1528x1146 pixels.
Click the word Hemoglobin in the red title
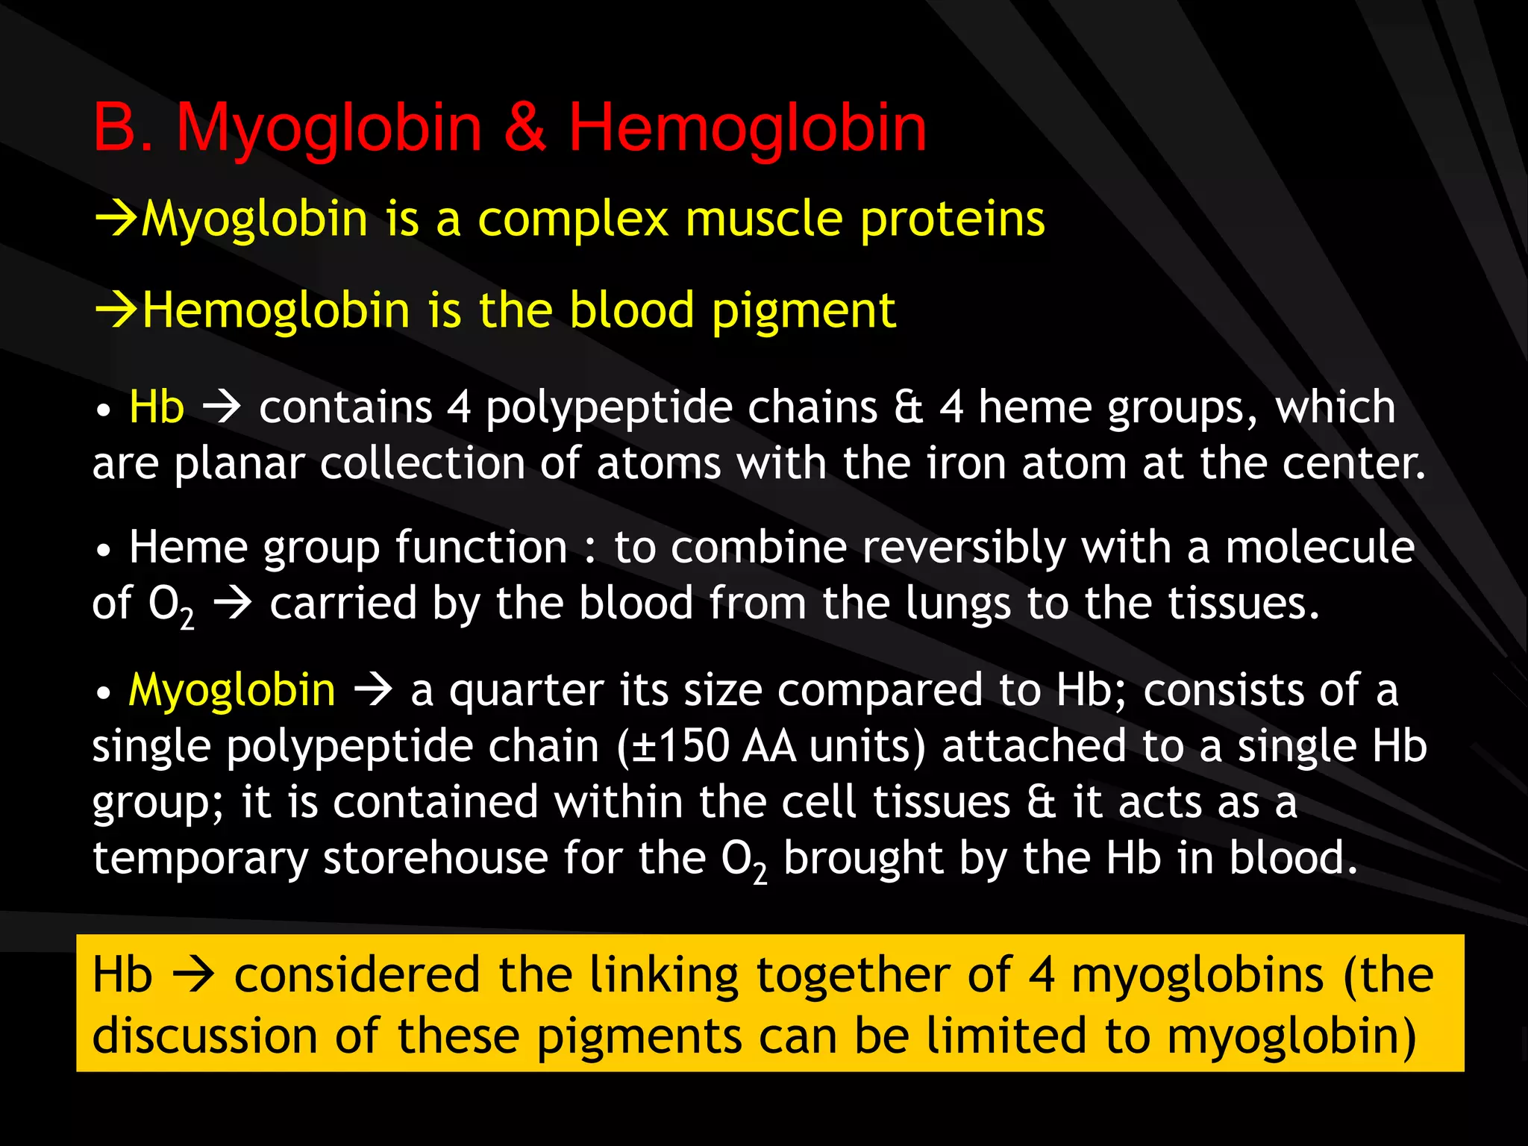747,128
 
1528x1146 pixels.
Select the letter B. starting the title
123,128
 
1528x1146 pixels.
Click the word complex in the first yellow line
572,219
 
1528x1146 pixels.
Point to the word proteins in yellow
952,221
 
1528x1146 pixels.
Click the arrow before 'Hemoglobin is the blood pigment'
116,310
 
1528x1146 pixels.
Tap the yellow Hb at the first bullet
157,407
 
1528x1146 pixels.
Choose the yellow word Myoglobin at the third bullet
232,690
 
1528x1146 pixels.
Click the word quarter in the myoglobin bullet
526,691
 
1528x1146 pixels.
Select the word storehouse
435,858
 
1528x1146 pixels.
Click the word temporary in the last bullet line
200,859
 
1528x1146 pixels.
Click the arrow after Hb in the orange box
193,976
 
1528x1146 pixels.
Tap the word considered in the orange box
357,976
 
